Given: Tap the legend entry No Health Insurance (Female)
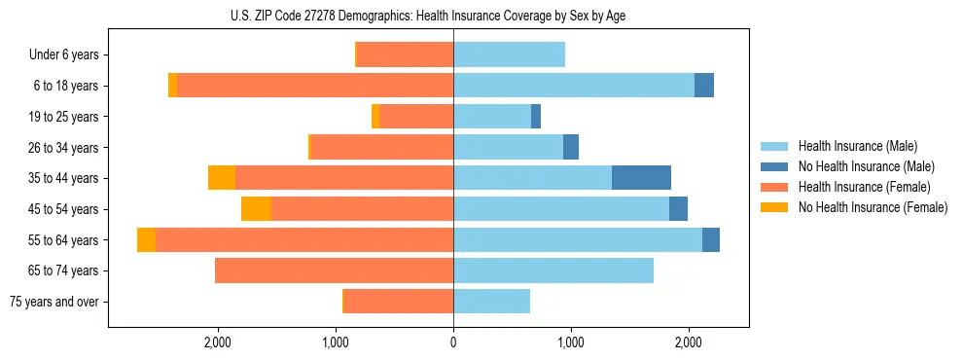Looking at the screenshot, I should (873, 207).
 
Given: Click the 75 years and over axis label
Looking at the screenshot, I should (53, 302).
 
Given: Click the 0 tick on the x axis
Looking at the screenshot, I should (453, 342).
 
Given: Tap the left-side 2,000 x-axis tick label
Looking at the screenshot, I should (217, 342).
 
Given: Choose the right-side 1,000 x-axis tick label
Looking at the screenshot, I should (571, 342).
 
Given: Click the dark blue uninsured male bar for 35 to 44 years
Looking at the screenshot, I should (641, 178).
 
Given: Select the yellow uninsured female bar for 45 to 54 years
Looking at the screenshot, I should (256, 208).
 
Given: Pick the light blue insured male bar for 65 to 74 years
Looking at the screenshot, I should (553, 270).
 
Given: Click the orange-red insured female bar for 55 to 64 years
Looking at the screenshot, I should (304, 239).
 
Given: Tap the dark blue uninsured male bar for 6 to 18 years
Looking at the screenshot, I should (704, 86).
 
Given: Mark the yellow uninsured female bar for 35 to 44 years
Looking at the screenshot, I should (222, 178).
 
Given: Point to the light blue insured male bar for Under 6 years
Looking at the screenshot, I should (509, 54).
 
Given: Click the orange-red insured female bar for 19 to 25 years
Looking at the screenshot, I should (416, 117).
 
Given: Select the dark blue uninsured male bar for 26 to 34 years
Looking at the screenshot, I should (571, 147).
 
